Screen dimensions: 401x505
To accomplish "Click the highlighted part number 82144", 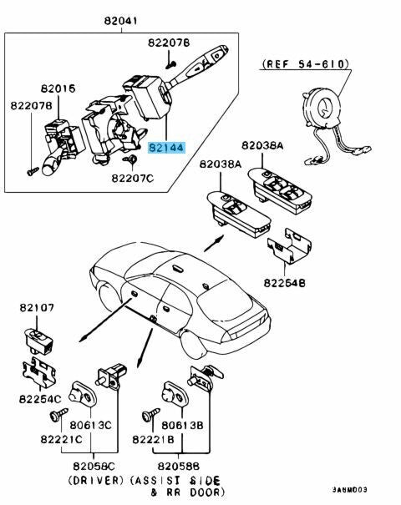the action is point(166,148).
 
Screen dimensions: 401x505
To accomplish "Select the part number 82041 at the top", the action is point(121,21).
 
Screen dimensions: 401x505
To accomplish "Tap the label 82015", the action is point(58,88).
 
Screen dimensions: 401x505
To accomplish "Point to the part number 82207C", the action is point(133,178).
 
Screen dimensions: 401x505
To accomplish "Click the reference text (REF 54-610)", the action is point(305,64).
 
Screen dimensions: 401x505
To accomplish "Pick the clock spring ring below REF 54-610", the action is point(322,108).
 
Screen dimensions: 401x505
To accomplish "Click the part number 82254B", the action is point(285,283).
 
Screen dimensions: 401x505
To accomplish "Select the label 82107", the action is point(37,307).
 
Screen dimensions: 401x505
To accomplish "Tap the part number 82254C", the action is point(40,399).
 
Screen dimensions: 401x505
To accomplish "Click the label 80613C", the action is point(90,425).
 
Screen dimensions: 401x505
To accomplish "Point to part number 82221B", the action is point(153,439).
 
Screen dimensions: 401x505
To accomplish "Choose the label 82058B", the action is point(179,466).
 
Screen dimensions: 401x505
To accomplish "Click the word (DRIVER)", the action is point(96,481).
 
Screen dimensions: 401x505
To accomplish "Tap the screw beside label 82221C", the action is point(59,415).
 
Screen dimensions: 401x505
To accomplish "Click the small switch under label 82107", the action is point(38,341).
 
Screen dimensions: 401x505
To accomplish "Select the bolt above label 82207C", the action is point(131,159).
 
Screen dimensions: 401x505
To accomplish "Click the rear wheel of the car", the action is point(194,344).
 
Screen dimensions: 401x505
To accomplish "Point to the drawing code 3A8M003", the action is point(349,490).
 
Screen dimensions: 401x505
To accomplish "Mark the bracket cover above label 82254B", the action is point(289,245).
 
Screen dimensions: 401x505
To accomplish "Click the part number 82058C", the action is point(94,466).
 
